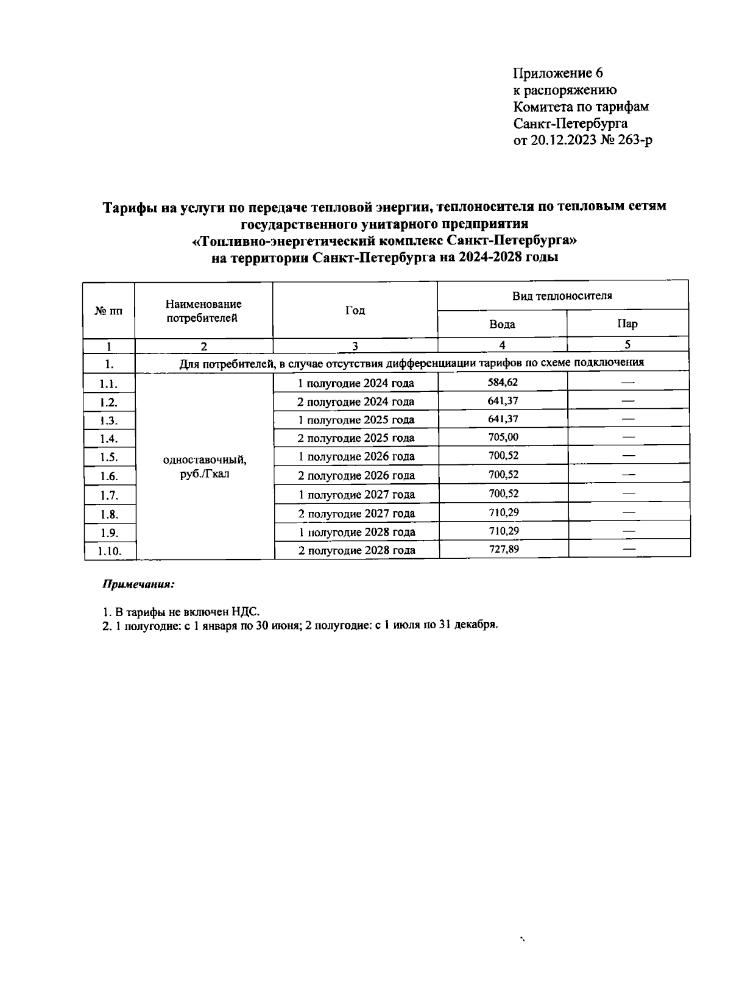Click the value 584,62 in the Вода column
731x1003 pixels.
tap(503, 382)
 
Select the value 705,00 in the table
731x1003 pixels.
tap(503, 437)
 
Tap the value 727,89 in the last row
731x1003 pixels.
tap(503, 549)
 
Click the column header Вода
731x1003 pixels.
tap(502, 324)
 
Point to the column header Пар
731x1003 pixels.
tap(627, 324)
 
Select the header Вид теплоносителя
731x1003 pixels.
tap(562, 296)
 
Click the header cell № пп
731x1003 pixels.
tap(108, 311)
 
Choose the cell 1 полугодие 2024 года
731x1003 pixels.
tap(356, 383)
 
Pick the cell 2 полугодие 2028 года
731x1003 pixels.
tap(356, 550)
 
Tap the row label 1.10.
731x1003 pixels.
tap(110, 551)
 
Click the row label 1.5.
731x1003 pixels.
tap(108, 458)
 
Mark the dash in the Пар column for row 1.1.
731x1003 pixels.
tap(628, 383)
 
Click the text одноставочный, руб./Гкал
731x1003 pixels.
tap(205, 466)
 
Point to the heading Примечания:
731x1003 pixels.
tap(138, 584)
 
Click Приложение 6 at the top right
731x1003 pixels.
tap(558, 74)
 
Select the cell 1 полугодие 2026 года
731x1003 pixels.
tap(356, 456)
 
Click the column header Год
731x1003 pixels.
tap(355, 311)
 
